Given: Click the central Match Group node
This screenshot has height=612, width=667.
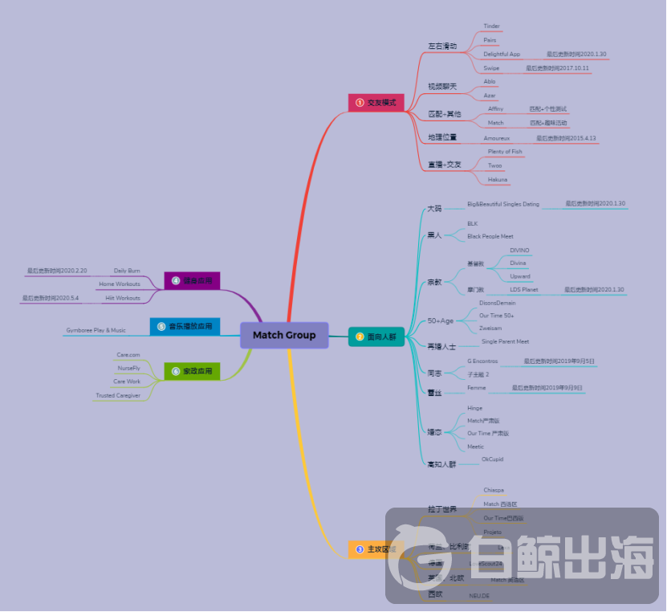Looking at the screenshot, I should coord(284,335).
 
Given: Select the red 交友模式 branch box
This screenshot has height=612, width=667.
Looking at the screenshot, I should coord(376,103).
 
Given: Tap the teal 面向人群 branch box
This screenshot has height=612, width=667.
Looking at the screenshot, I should coord(376,337).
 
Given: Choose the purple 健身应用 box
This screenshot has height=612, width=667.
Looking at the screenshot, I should coord(192,281).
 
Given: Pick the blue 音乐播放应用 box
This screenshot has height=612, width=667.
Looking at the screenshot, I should coord(185,327).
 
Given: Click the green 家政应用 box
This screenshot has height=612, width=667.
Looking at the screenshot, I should coord(192,371).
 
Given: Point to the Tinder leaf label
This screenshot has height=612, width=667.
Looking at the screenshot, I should coord(491,27).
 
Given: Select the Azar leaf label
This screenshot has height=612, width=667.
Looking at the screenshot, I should coord(489,95).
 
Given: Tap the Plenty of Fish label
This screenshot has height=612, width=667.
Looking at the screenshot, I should coord(505,152).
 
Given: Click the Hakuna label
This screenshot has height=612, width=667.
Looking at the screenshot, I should coord(497,180).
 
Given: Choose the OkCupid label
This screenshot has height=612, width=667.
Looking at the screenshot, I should coord(491,459).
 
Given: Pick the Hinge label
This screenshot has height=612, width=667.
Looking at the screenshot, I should coord(474,408).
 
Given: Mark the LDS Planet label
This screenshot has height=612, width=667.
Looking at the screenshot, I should coord(523,289).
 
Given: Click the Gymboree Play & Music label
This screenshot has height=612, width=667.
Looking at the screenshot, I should coord(96,330).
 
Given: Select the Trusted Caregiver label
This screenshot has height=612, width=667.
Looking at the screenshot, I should coord(118,395).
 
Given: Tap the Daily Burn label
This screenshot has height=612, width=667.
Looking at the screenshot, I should coord(127,271).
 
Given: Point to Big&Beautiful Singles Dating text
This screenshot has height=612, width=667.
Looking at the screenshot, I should coord(503,204).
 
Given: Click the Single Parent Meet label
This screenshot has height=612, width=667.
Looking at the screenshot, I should coord(505,341).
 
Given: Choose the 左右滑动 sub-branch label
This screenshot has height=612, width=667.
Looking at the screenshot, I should coord(442,47).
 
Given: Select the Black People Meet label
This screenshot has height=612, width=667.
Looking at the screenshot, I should coord(490,236).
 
